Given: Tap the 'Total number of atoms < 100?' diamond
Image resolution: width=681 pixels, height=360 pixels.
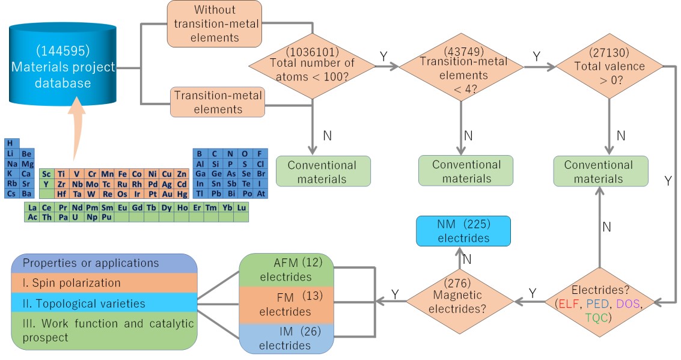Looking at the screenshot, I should (x=313, y=64).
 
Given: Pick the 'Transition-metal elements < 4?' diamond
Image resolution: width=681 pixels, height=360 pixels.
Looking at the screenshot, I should (x=462, y=68).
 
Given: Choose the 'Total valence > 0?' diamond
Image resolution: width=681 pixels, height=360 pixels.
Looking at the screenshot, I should (x=609, y=68).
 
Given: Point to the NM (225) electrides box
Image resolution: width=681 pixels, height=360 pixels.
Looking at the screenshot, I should (x=463, y=231).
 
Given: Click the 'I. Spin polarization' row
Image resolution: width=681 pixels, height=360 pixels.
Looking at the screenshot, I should (x=105, y=282).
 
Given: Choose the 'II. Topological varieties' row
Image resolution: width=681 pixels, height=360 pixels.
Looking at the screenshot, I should (x=105, y=304).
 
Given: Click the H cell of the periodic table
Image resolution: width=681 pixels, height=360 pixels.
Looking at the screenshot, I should (x=10, y=144).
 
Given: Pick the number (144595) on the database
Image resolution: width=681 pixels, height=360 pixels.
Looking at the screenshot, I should (x=62, y=52).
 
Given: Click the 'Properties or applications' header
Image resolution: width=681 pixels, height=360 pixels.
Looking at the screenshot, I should (x=105, y=263).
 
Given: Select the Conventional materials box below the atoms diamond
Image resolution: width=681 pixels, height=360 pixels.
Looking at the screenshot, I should (x=322, y=172).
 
